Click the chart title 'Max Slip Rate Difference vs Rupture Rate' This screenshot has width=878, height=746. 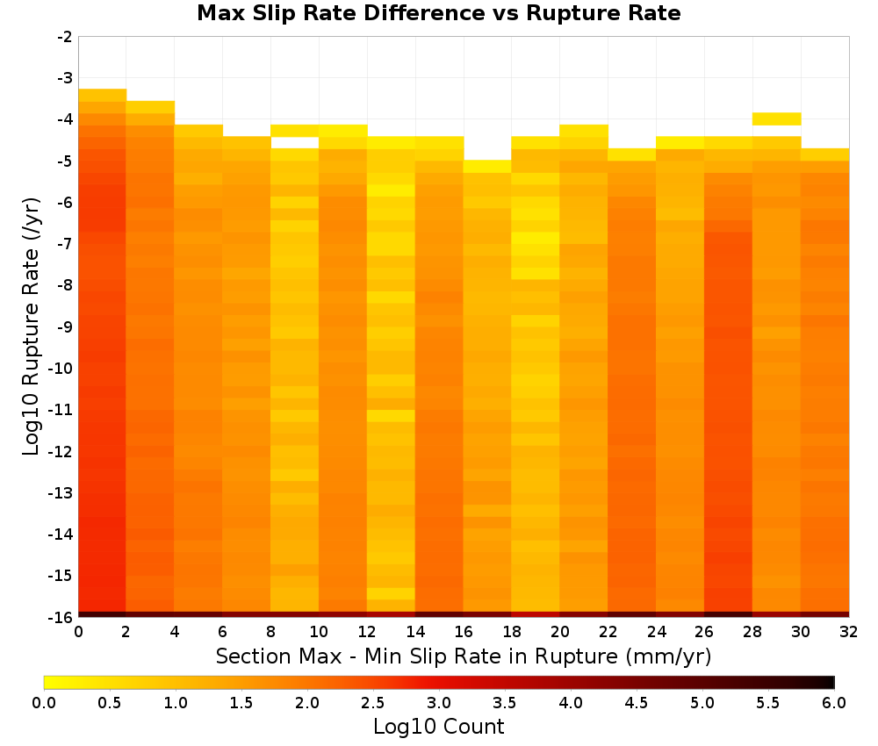[438, 13]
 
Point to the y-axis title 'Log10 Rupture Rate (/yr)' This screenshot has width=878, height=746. [32, 326]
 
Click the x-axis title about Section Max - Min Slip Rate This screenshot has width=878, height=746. [463, 656]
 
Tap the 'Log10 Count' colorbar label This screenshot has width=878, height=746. [438, 727]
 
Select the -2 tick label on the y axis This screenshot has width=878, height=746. [65, 37]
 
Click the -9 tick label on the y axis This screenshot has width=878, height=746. [65, 326]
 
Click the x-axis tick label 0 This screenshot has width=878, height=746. [78, 632]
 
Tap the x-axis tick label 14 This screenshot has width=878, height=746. [415, 632]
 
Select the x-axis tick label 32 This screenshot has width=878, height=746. [848, 632]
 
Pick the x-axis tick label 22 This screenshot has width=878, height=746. [608, 632]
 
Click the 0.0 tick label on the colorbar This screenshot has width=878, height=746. [44, 703]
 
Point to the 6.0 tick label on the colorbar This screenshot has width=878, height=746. [834, 703]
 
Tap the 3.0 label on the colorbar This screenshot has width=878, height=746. [439, 703]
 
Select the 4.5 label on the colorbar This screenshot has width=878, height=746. [636, 703]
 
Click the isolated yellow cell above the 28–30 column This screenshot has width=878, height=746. [776, 118]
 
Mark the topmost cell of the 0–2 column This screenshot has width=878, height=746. [103, 95]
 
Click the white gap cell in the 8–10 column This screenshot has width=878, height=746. [294, 143]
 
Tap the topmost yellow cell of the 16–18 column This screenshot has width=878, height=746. [487, 166]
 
